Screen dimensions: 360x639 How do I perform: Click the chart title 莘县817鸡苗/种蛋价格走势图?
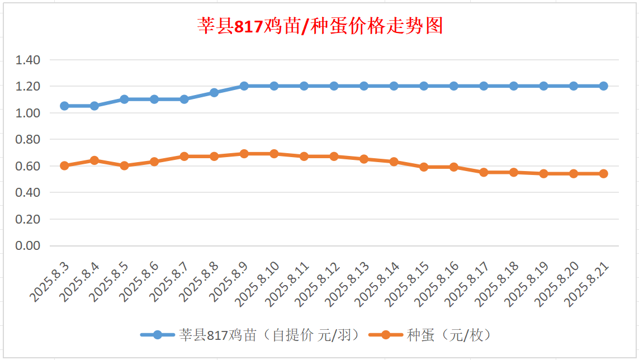click(x=320, y=26)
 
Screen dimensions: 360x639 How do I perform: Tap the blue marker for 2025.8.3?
click(x=64, y=106)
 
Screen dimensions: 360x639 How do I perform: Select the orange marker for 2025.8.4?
click(x=94, y=160)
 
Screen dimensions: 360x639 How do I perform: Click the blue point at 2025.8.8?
click(x=214, y=92)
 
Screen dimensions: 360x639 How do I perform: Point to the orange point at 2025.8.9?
click(x=244, y=154)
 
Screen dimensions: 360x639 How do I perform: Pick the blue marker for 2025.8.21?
click(x=604, y=86)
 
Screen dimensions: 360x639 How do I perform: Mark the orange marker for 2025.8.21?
click(x=604, y=174)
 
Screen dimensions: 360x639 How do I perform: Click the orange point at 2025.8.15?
click(x=424, y=167)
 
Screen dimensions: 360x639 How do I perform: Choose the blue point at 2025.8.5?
click(x=124, y=99)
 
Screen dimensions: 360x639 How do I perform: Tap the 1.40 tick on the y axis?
click(x=29, y=60)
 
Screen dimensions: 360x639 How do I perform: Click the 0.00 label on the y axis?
click(x=29, y=246)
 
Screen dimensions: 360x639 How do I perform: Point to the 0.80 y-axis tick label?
click(x=29, y=139)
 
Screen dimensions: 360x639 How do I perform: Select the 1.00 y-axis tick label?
click(x=29, y=113)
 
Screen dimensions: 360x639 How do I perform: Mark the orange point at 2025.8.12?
click(x=334, y=157)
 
